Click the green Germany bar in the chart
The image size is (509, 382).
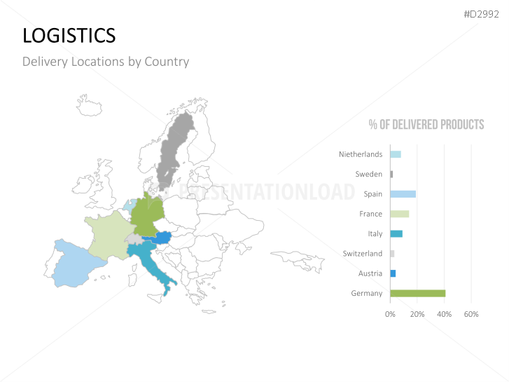417,293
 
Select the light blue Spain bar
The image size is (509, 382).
403,194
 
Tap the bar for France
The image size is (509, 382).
399,214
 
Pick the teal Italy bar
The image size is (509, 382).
396,233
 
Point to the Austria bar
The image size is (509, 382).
393,273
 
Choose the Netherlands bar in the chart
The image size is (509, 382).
395,154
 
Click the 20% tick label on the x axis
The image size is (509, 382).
417,314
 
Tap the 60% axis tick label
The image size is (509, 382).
471,314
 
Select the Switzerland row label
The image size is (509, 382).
363,254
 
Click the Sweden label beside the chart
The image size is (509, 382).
369,174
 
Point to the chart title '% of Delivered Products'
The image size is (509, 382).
426,125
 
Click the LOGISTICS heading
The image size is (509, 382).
69,35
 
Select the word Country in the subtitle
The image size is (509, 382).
167,62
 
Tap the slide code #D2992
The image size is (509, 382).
481,15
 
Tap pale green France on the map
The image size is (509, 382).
109,235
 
